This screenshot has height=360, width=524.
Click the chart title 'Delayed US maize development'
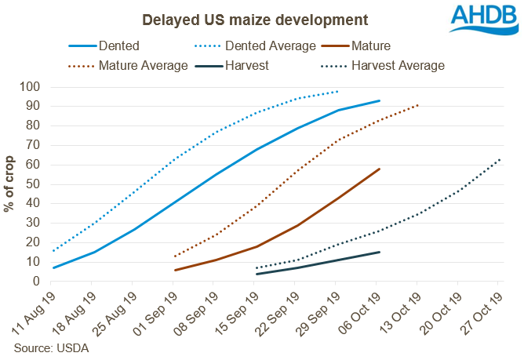233,17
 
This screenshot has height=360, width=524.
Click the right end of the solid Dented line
380,100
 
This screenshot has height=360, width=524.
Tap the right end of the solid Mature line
380,169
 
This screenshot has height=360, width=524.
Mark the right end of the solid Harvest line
380,252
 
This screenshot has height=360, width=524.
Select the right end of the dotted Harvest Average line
500,159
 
